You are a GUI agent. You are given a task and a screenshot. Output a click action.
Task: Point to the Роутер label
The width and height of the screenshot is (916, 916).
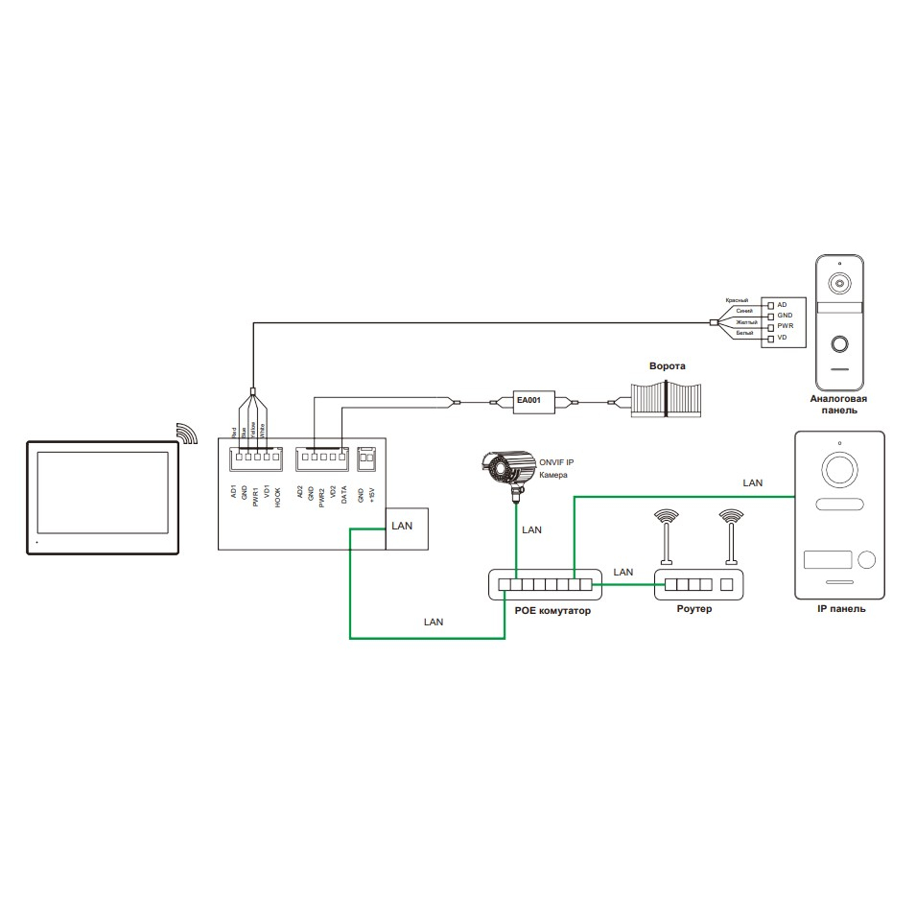694,610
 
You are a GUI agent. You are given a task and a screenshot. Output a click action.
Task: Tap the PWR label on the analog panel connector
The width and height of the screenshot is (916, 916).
786,326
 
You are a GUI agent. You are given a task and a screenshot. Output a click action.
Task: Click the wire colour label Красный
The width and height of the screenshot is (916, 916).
736,301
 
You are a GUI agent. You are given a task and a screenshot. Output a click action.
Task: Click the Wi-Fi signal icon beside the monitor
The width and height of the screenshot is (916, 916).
187,433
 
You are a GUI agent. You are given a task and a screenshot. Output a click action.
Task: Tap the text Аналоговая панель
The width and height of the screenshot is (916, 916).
838,404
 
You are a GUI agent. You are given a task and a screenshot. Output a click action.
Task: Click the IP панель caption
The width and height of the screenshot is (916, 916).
839,608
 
